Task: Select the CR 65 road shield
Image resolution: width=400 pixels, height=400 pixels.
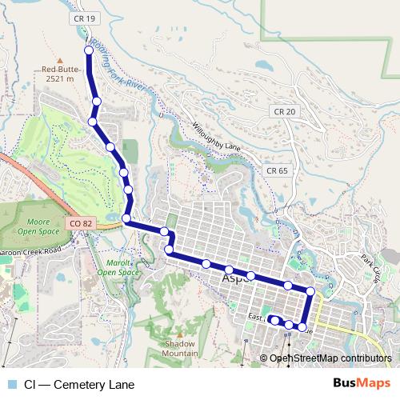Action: (277, 170)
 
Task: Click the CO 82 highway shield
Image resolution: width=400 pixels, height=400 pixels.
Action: (78, 223)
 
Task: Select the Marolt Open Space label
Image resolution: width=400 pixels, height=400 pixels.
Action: (118, 267)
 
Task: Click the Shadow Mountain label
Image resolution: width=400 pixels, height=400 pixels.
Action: (180, 348)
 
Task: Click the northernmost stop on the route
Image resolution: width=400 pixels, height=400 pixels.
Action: (88, 50)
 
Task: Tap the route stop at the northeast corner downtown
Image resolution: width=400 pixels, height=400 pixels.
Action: (310, 291)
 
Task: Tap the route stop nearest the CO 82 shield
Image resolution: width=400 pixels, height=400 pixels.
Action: (126, 218)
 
